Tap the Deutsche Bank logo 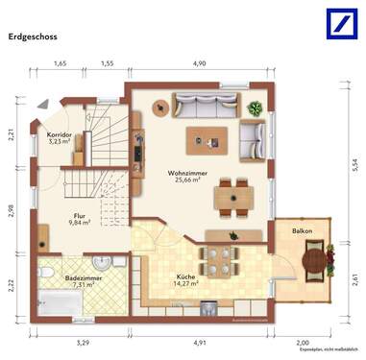pyautogui.click(x=339, y=23)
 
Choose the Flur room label pyautogui.click(x=80, y=215)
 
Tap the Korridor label pyautogui.click(x=60, y=134)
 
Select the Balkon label pyautogui.click(x=303, y=231)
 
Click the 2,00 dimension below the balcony pyautogui.click(x=303, y=342)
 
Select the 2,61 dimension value pyautogui.click(x=356, y=278)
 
